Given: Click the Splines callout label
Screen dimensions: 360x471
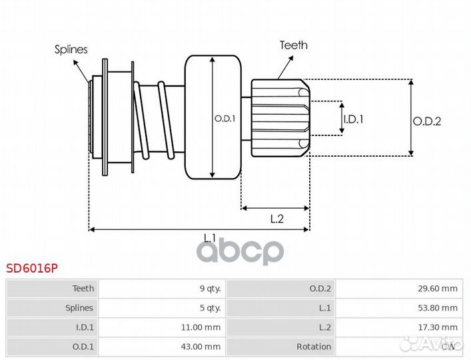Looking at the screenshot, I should coord(71,49).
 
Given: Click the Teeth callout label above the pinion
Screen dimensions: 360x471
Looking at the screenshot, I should coord(293,45).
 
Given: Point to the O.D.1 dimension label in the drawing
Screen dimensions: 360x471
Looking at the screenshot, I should coord(225,119).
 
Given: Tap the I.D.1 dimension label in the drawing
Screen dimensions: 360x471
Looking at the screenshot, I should coord(354,119).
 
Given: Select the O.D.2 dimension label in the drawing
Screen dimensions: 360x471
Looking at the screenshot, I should coord(427,121).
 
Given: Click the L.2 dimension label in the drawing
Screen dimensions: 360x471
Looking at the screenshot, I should coord(277,219).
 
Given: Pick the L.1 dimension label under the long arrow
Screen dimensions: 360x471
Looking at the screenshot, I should coord(210,237).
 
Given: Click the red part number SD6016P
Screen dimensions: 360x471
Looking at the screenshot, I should coord(32,269).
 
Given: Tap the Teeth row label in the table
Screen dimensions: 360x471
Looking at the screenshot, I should coord(83,289).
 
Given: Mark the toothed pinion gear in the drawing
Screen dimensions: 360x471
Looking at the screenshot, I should coord(280,117).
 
